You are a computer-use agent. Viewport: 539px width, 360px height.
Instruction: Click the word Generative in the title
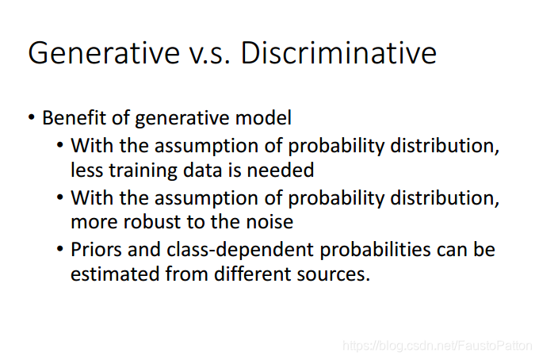tap(104, 53)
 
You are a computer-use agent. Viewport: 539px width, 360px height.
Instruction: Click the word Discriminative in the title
tap(338, 53)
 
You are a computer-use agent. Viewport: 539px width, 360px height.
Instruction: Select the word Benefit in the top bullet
tap(74, 117)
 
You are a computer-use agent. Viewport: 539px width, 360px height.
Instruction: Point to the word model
tap(263, 117)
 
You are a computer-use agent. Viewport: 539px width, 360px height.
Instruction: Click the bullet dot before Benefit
tap(32, 117)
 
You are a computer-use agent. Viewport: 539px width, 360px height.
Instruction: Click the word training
tap(143, 170)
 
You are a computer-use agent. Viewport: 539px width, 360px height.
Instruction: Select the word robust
tap(152, 222)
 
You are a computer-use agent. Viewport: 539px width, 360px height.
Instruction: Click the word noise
tap(269, 222)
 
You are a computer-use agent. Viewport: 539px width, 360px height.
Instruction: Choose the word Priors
tap(96, 249)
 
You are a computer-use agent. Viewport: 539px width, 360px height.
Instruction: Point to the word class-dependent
tap(240, 251)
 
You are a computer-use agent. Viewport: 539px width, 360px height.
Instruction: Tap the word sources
tap(333, 274)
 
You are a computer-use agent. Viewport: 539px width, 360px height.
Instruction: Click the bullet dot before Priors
tap(59, 249)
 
